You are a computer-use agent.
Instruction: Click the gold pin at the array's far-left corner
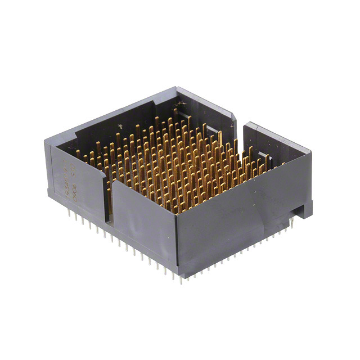click(78, 152)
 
